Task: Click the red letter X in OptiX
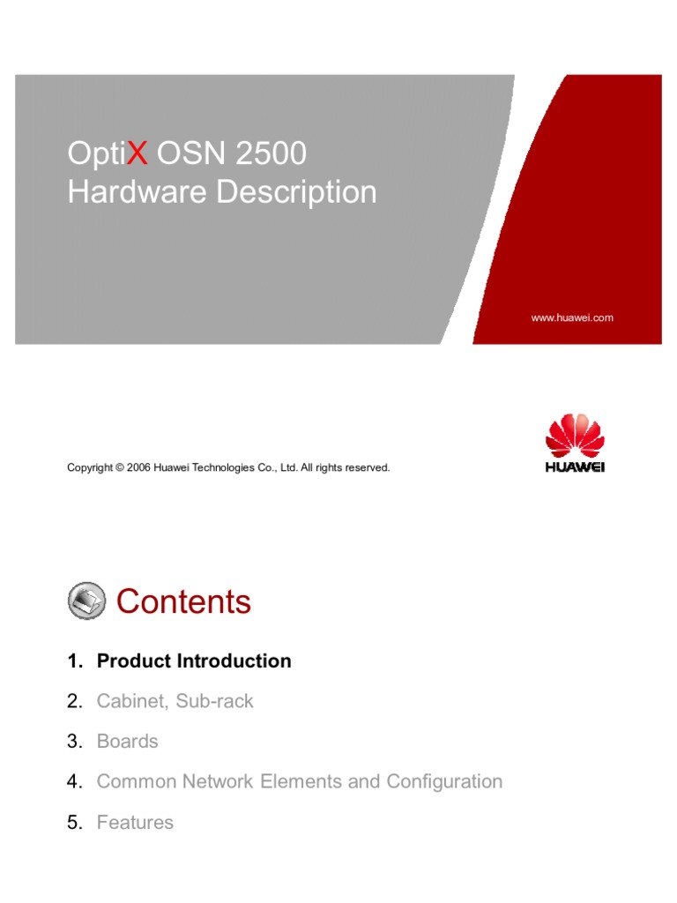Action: click(137, 153)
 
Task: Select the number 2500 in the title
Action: click(271, 153)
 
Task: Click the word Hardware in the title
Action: click(137, 191)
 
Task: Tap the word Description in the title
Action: click(296, 192)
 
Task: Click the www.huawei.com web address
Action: click(572, 317)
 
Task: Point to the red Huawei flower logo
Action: click(575, 435)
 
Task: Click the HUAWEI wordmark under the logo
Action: click(575, 467)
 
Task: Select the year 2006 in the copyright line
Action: click(138, 467)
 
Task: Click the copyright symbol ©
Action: click(120, 467)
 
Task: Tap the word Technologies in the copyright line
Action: click(223, 468)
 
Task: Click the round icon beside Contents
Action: click(87, 601)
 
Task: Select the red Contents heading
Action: click(183, 601)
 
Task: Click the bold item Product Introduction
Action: click(194, 660)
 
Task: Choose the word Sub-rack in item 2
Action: click(214, 701)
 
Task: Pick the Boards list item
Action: click(127, 741)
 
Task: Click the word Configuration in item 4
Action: click(444, 782)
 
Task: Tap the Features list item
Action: click(135, 823)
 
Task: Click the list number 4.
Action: click(74, 781)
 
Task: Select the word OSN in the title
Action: click(191, 153)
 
